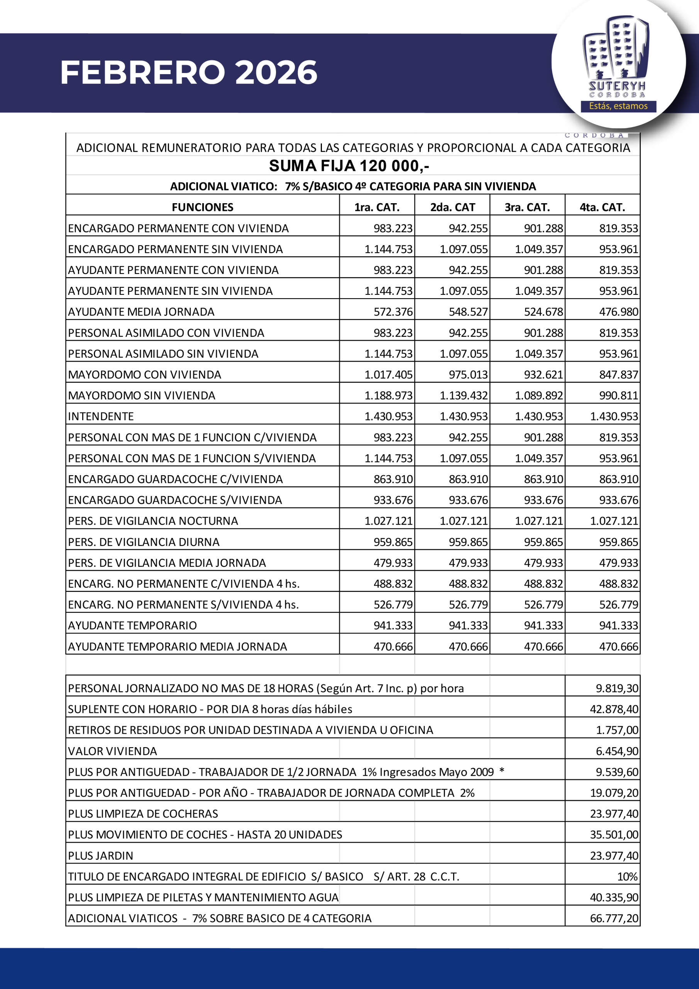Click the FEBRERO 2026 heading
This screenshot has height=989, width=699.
click(x=188, y=72)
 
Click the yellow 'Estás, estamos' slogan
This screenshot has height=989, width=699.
click(x=618, y=106)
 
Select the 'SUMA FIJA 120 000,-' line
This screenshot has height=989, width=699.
click(x=349, y=166)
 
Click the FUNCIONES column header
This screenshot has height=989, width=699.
click(x=202, y=207)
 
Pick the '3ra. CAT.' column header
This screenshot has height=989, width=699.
click(x=527, y=207)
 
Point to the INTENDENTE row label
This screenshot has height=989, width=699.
click(x=101, y=416)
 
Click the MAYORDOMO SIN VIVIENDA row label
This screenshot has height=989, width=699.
click(x=142, y=396)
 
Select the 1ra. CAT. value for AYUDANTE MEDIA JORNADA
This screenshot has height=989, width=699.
click(x=393, y=312)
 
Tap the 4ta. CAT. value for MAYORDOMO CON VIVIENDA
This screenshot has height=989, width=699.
click(x=618, y=375)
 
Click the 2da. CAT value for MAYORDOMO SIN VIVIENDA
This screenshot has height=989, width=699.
click(x=464, y=396)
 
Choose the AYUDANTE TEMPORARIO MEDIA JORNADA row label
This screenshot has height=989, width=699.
click(x=177, y=647)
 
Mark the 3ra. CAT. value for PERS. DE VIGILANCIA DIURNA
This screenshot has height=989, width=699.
click(x=543, y=542)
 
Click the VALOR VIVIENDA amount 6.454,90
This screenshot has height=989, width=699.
click(x=617, y=751)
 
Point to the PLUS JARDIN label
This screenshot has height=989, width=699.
click(x=100, y=856)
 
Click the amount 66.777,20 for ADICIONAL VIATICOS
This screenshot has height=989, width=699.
click(x=614, y=918)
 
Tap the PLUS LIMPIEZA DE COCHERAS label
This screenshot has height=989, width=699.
click(x=143, y=814)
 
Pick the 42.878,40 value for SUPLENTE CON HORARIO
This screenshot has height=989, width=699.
click(x=614, y=709)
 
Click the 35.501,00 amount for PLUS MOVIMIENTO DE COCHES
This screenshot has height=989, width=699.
click(x=614, y=835)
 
